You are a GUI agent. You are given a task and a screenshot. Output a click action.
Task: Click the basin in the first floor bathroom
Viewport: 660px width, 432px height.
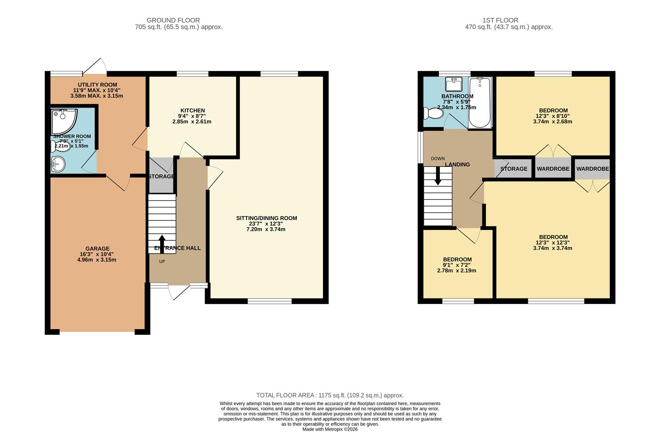[454, 84]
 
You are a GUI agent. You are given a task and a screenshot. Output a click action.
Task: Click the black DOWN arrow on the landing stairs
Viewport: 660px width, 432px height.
[438, 176]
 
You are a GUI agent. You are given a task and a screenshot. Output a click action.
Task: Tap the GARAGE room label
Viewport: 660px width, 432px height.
[97, 248]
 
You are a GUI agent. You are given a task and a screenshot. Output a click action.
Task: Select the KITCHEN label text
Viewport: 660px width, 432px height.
[193, 110]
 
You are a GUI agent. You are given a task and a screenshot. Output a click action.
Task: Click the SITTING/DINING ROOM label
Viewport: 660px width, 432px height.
[267, 218]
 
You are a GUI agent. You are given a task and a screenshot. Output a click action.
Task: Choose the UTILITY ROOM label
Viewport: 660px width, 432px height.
[97, 85]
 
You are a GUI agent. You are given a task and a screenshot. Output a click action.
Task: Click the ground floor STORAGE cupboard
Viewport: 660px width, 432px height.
[161, 176]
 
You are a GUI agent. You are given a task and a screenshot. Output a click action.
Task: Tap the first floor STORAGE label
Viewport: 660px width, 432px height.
[514, 169]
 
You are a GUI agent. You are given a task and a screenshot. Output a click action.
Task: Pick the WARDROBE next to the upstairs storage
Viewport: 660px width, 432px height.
[553, 169]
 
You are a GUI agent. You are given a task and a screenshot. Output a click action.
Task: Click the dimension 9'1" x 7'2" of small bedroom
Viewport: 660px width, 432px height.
[457, 265]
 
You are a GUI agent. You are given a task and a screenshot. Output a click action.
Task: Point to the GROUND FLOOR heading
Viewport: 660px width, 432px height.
[173, 20]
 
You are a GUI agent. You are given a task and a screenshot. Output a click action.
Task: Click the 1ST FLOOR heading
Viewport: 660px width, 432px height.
[500, 20]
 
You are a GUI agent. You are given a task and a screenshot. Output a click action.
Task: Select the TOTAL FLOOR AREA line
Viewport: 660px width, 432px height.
[330, 395]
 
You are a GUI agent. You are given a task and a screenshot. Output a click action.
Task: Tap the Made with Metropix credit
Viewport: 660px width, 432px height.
[330, 429]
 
